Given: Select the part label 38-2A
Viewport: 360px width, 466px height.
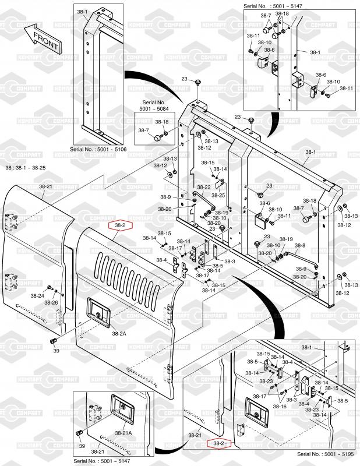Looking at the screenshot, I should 119,334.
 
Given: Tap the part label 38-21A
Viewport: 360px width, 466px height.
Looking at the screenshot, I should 123,433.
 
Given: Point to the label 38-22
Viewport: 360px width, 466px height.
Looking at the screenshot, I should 203,187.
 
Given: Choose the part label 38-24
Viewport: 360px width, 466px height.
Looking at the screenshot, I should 37,296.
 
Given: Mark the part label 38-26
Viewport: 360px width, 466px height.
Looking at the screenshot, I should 51,303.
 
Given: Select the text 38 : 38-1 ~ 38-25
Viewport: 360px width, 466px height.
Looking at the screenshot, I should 25,168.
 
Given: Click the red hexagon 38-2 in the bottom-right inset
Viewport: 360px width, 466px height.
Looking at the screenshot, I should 219,444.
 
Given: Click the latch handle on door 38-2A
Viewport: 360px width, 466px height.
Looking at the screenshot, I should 97,310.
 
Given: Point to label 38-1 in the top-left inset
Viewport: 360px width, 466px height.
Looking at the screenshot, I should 82,12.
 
